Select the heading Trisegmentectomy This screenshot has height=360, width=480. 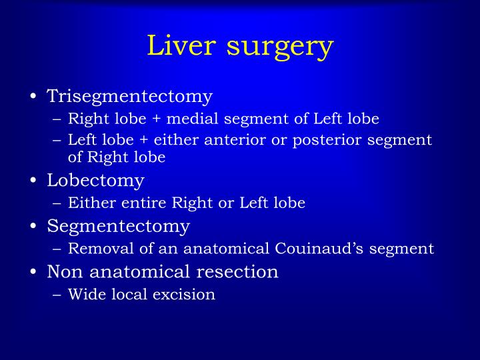(129, 97)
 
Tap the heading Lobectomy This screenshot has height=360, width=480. (95, 180)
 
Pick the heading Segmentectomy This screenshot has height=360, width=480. (118, 227)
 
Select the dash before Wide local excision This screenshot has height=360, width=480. (57, 295)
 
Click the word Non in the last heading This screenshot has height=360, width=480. (63, 272)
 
